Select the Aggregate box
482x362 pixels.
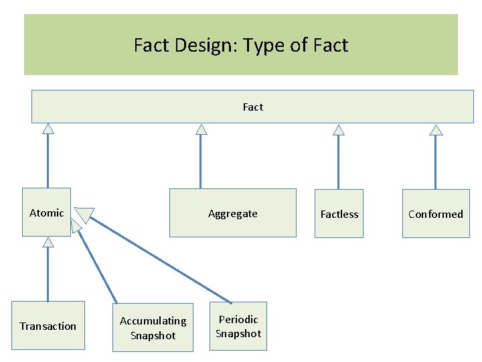232,213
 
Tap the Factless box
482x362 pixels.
339,214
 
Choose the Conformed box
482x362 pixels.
435,214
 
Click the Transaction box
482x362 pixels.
48,326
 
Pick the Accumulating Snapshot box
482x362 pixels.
153,328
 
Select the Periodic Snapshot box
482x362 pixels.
238,326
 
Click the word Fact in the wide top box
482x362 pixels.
253,107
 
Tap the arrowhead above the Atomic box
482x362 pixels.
48,129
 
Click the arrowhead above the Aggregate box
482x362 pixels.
201,129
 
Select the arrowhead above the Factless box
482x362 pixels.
339,129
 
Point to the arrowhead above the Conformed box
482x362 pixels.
436,129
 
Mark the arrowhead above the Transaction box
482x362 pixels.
48,242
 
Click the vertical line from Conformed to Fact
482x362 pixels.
436,162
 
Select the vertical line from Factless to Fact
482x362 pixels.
339,162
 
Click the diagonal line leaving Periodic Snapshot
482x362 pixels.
161,259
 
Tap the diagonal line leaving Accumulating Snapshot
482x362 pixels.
97,265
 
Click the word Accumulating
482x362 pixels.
153,321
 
